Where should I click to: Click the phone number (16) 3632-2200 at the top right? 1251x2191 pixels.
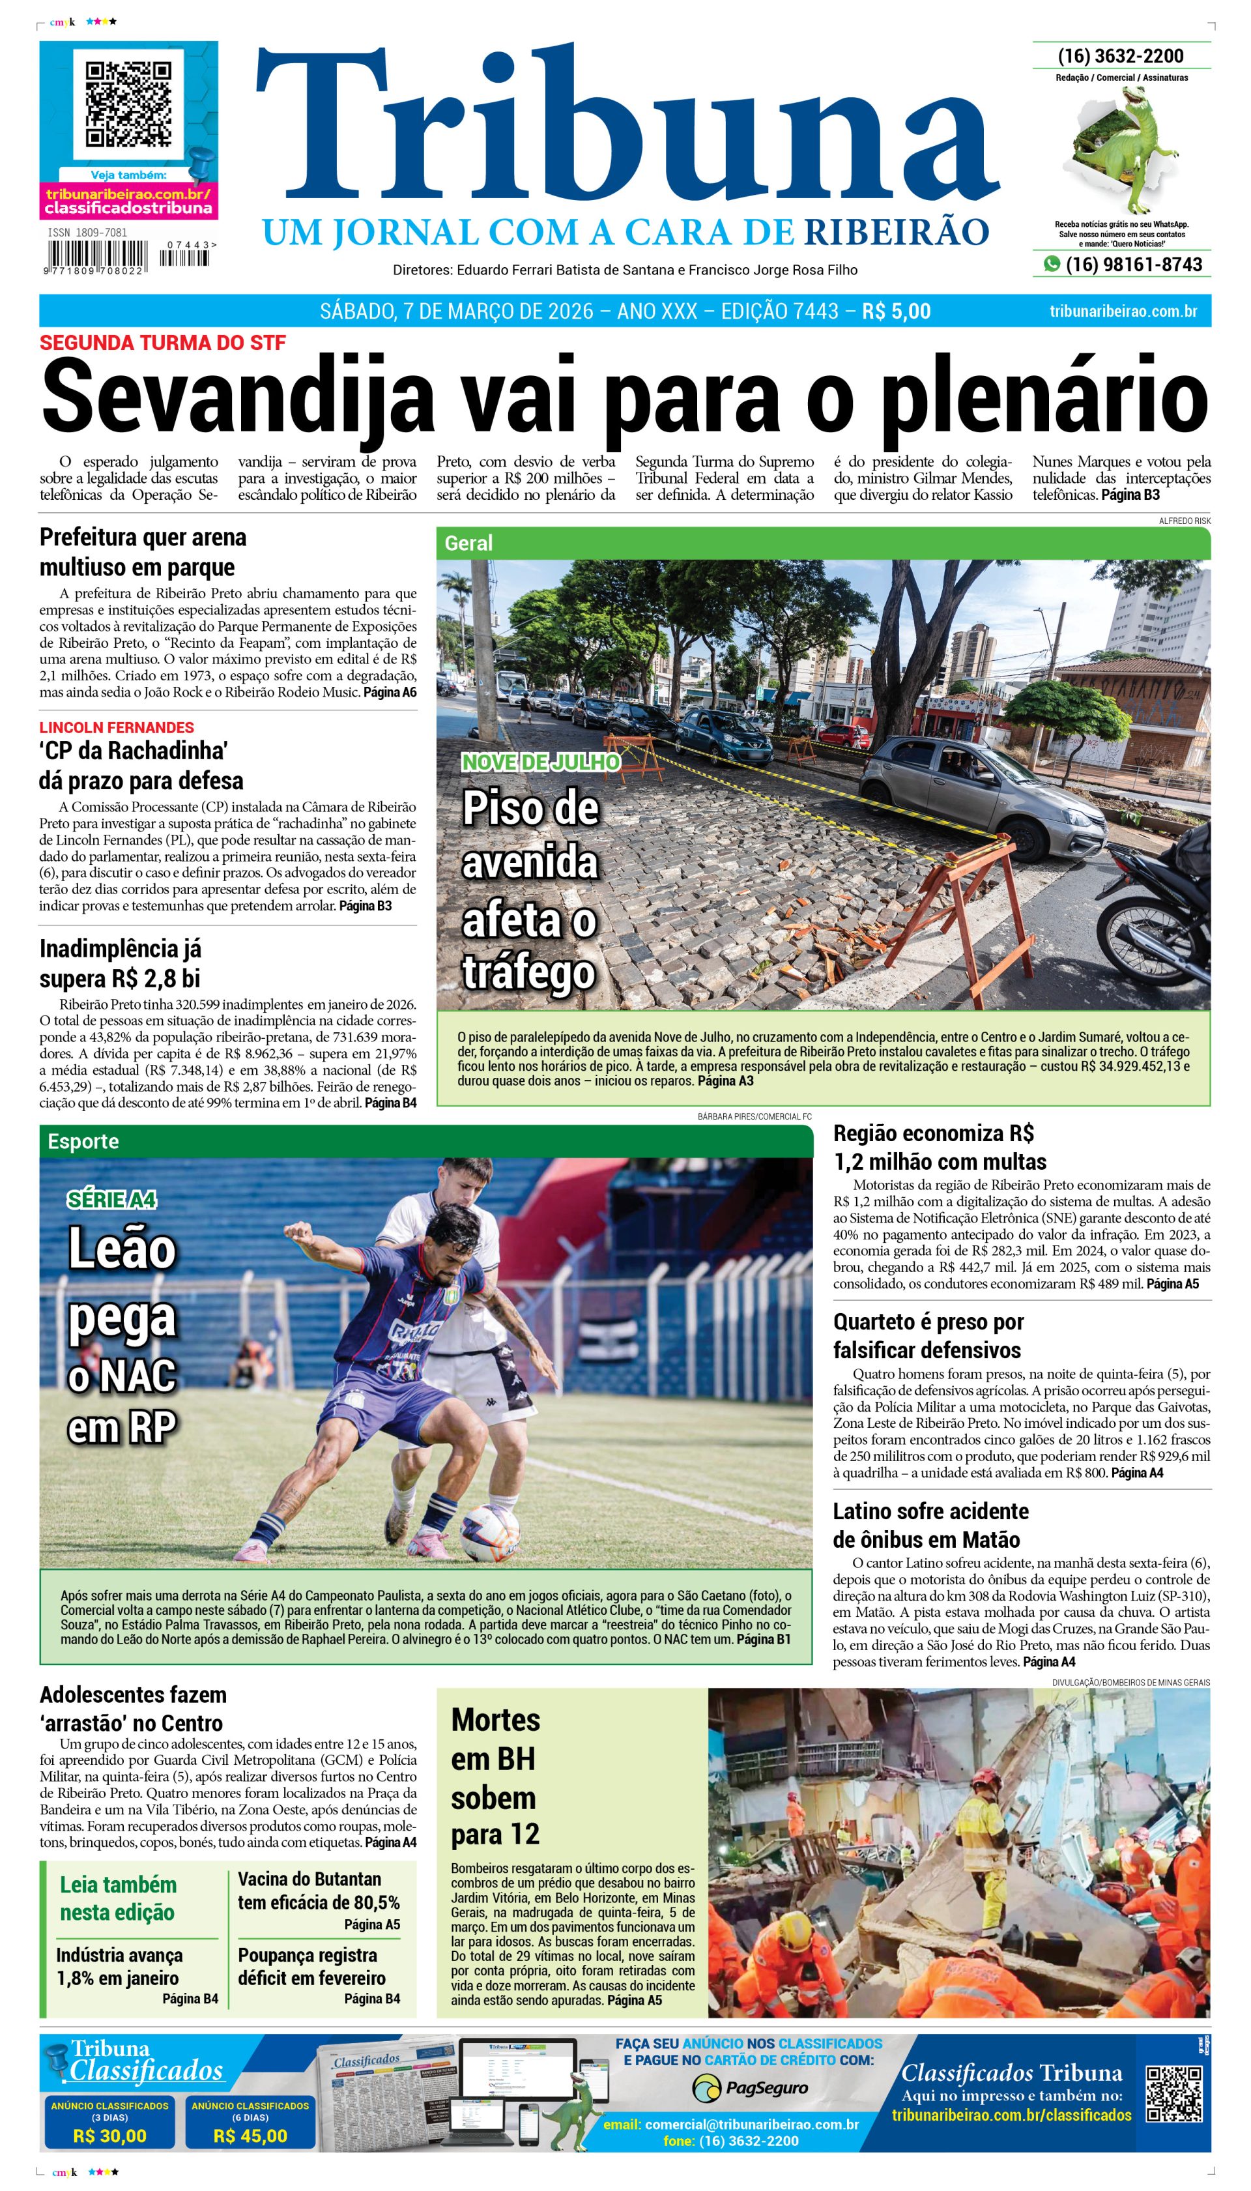coord(1121,56)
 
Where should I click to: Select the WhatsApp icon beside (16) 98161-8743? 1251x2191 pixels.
coord(1052,265)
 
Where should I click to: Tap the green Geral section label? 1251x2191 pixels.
coord(468,543)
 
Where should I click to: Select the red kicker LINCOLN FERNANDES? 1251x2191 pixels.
coord(117,727)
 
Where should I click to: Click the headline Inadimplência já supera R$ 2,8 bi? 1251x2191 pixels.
coord(121,963)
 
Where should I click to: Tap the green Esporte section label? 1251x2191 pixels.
coord(83,1141)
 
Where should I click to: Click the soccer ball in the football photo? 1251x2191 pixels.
coord(490,1532)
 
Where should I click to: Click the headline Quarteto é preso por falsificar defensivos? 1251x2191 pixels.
coord(928,1335)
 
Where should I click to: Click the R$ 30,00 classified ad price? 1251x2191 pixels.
coord(110,2136)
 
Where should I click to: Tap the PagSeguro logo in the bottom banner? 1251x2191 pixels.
coord(749,2088)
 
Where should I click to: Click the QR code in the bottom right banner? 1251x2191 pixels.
coord(1173,2094)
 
